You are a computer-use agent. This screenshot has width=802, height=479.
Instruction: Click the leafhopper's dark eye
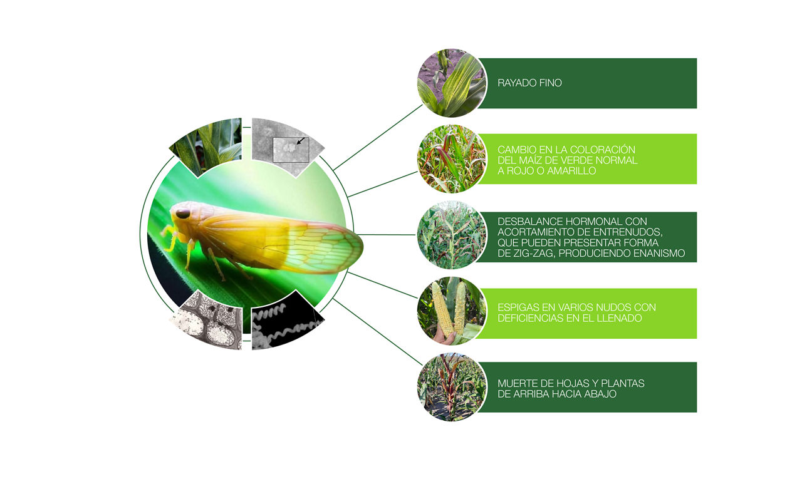182,214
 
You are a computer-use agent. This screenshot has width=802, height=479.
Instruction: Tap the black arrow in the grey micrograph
301,141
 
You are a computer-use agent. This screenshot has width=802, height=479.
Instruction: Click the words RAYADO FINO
529,83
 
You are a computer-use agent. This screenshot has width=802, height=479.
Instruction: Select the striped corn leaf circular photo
452,83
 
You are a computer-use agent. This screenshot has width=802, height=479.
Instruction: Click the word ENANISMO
659,253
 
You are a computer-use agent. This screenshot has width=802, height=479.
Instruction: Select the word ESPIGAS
517,307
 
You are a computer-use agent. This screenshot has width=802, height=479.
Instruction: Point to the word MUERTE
514,383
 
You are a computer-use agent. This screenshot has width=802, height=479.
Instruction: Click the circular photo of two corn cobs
452,311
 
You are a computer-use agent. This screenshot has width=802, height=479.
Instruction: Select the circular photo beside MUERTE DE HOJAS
452,387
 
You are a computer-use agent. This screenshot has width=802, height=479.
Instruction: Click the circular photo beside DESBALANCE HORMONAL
452,235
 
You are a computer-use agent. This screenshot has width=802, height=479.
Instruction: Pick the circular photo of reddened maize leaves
452,159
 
